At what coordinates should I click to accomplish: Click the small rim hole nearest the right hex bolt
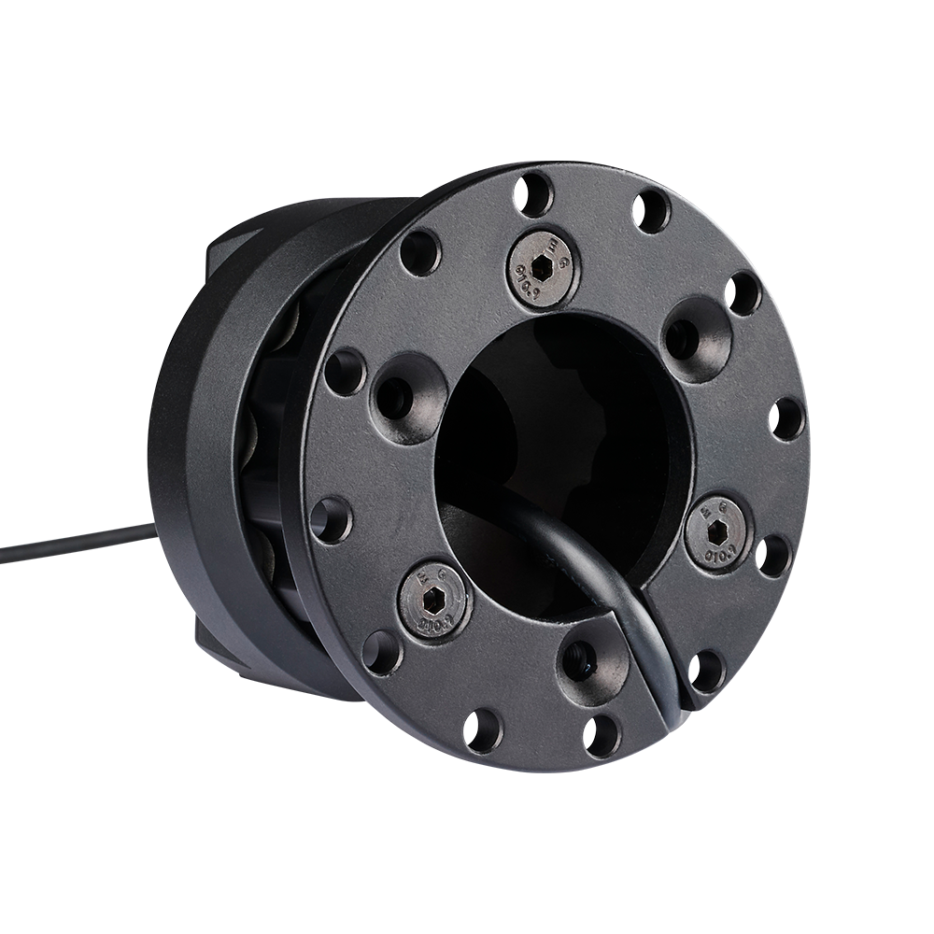pyautogui.click(x=773, y=555)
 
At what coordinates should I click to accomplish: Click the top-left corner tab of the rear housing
pyautogui.click(x=224, y=245)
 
